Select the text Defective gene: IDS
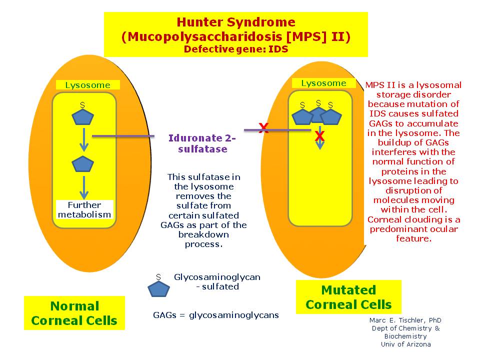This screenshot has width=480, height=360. [235, 49]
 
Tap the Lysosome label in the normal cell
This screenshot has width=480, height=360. [87, 85]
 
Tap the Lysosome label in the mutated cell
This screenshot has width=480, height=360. [323, 83]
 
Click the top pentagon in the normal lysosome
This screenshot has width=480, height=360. [83, 117]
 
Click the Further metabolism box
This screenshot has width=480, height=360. [84, 209]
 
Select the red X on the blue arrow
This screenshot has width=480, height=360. [319, 136]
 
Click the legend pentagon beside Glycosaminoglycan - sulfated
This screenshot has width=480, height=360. [158, 289]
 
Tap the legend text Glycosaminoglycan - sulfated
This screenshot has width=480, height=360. [217, 282]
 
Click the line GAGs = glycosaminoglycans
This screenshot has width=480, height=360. [215, 315]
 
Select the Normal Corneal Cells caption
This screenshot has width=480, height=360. [74, 313]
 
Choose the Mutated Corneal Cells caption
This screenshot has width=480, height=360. [348, 297]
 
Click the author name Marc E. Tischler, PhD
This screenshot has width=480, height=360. [405, 320]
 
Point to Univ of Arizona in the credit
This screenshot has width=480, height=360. [405, 344]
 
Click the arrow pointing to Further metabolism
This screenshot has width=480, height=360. [84, 187]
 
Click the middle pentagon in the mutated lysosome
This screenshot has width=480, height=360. [318, 114]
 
